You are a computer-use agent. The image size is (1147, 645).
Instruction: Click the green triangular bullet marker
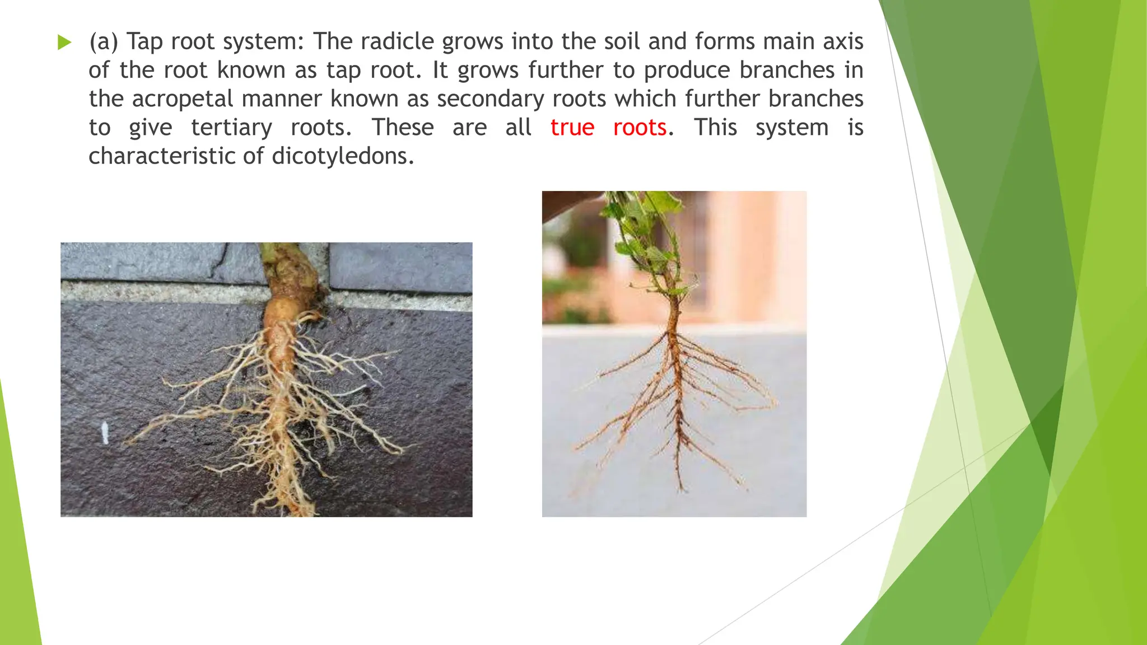64,42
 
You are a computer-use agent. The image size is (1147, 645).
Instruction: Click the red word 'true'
572,128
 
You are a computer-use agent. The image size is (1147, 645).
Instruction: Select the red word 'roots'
640,128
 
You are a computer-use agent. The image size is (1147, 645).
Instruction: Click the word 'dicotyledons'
342,156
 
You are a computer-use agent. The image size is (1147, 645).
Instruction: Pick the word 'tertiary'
231,128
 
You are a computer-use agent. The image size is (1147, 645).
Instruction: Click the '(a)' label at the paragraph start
104,42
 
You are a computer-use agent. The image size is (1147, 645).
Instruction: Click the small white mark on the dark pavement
104,433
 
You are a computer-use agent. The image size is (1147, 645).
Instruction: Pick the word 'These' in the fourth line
403,128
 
